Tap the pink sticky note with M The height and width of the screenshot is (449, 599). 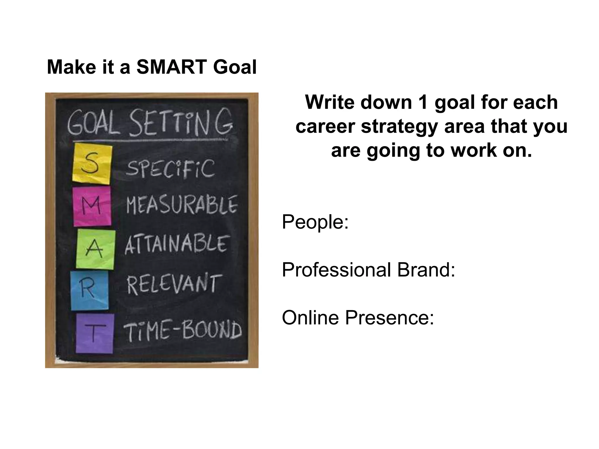pos(92,206)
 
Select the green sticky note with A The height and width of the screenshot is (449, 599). pos(94,249)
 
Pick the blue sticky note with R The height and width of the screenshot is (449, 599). pos(89,291)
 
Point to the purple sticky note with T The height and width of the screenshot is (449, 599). pos(94,334)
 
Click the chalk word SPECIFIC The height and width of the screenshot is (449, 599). pos(170,169)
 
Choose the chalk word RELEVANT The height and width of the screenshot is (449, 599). pos(173,284)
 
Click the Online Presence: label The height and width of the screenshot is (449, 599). pos(358,318)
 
